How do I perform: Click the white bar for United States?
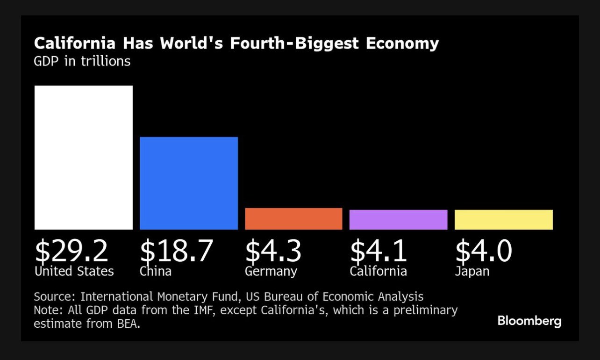[x=84, y=158]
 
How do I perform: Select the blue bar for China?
[x=189, y=183]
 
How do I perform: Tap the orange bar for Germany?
[x=293, y=219]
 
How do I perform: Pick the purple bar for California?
[x=398, y=220]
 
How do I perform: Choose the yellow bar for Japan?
[x=503, y=220]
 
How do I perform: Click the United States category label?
[x=74, y=271]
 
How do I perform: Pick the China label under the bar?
[x=155, y=271]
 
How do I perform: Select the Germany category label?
[x=271, y=271]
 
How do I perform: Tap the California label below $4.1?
[x=378, y=271]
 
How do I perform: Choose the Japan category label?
[x=472, y=272]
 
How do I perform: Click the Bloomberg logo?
[x=529, y=321]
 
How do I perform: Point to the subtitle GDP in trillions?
[x=82, y=61]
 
